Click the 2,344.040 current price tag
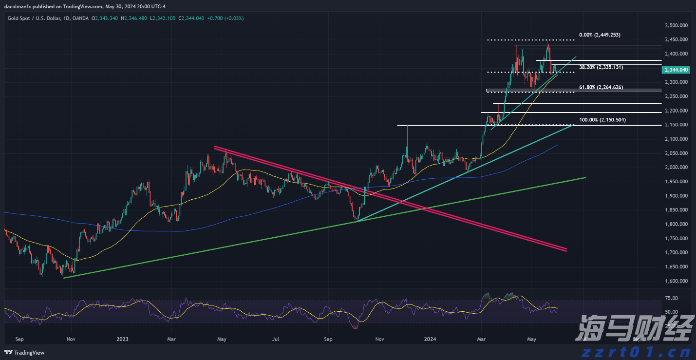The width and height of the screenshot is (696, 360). (676, 70)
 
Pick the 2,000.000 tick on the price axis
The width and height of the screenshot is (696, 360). (676, 168)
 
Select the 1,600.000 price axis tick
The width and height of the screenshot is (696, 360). (676, 281)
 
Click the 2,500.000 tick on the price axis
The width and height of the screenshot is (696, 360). (676, 25)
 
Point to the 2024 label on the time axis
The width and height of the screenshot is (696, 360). (430, 339)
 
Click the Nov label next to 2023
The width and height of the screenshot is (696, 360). (71, 339)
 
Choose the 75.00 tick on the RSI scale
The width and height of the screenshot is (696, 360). (672, 298)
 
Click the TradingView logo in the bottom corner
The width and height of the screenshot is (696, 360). (24, 353)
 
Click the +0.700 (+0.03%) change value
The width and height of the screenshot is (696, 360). (226, 18)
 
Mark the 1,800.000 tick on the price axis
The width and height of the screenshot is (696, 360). (676, 225)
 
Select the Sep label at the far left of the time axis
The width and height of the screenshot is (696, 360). (19, 339)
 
